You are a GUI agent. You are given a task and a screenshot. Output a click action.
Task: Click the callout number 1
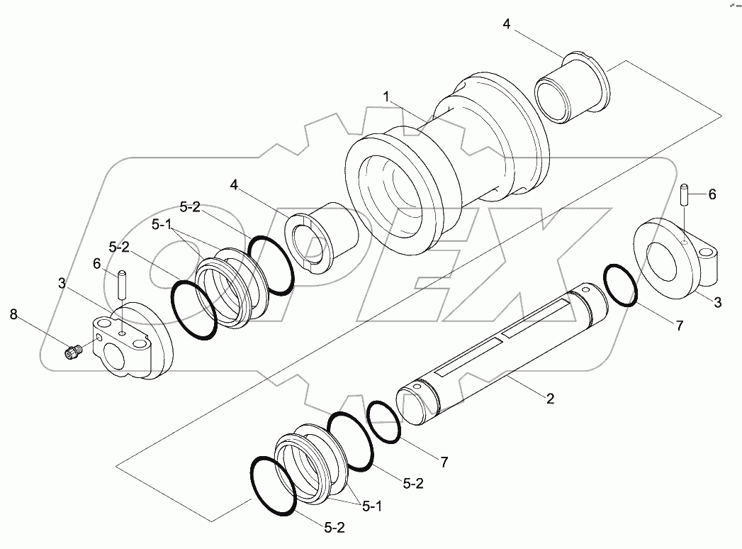[x=386, y=97]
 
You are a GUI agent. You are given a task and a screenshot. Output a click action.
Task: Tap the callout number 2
[x=550, y=399]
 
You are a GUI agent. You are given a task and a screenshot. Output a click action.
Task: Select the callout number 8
[x=13, y=314]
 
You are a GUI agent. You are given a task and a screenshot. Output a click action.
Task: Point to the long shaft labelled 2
[x=502, y=354]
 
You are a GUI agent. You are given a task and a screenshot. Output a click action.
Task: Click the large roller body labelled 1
[x=448, y=161]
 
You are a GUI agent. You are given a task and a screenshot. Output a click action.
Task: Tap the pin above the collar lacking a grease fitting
[x=685, y=194]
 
